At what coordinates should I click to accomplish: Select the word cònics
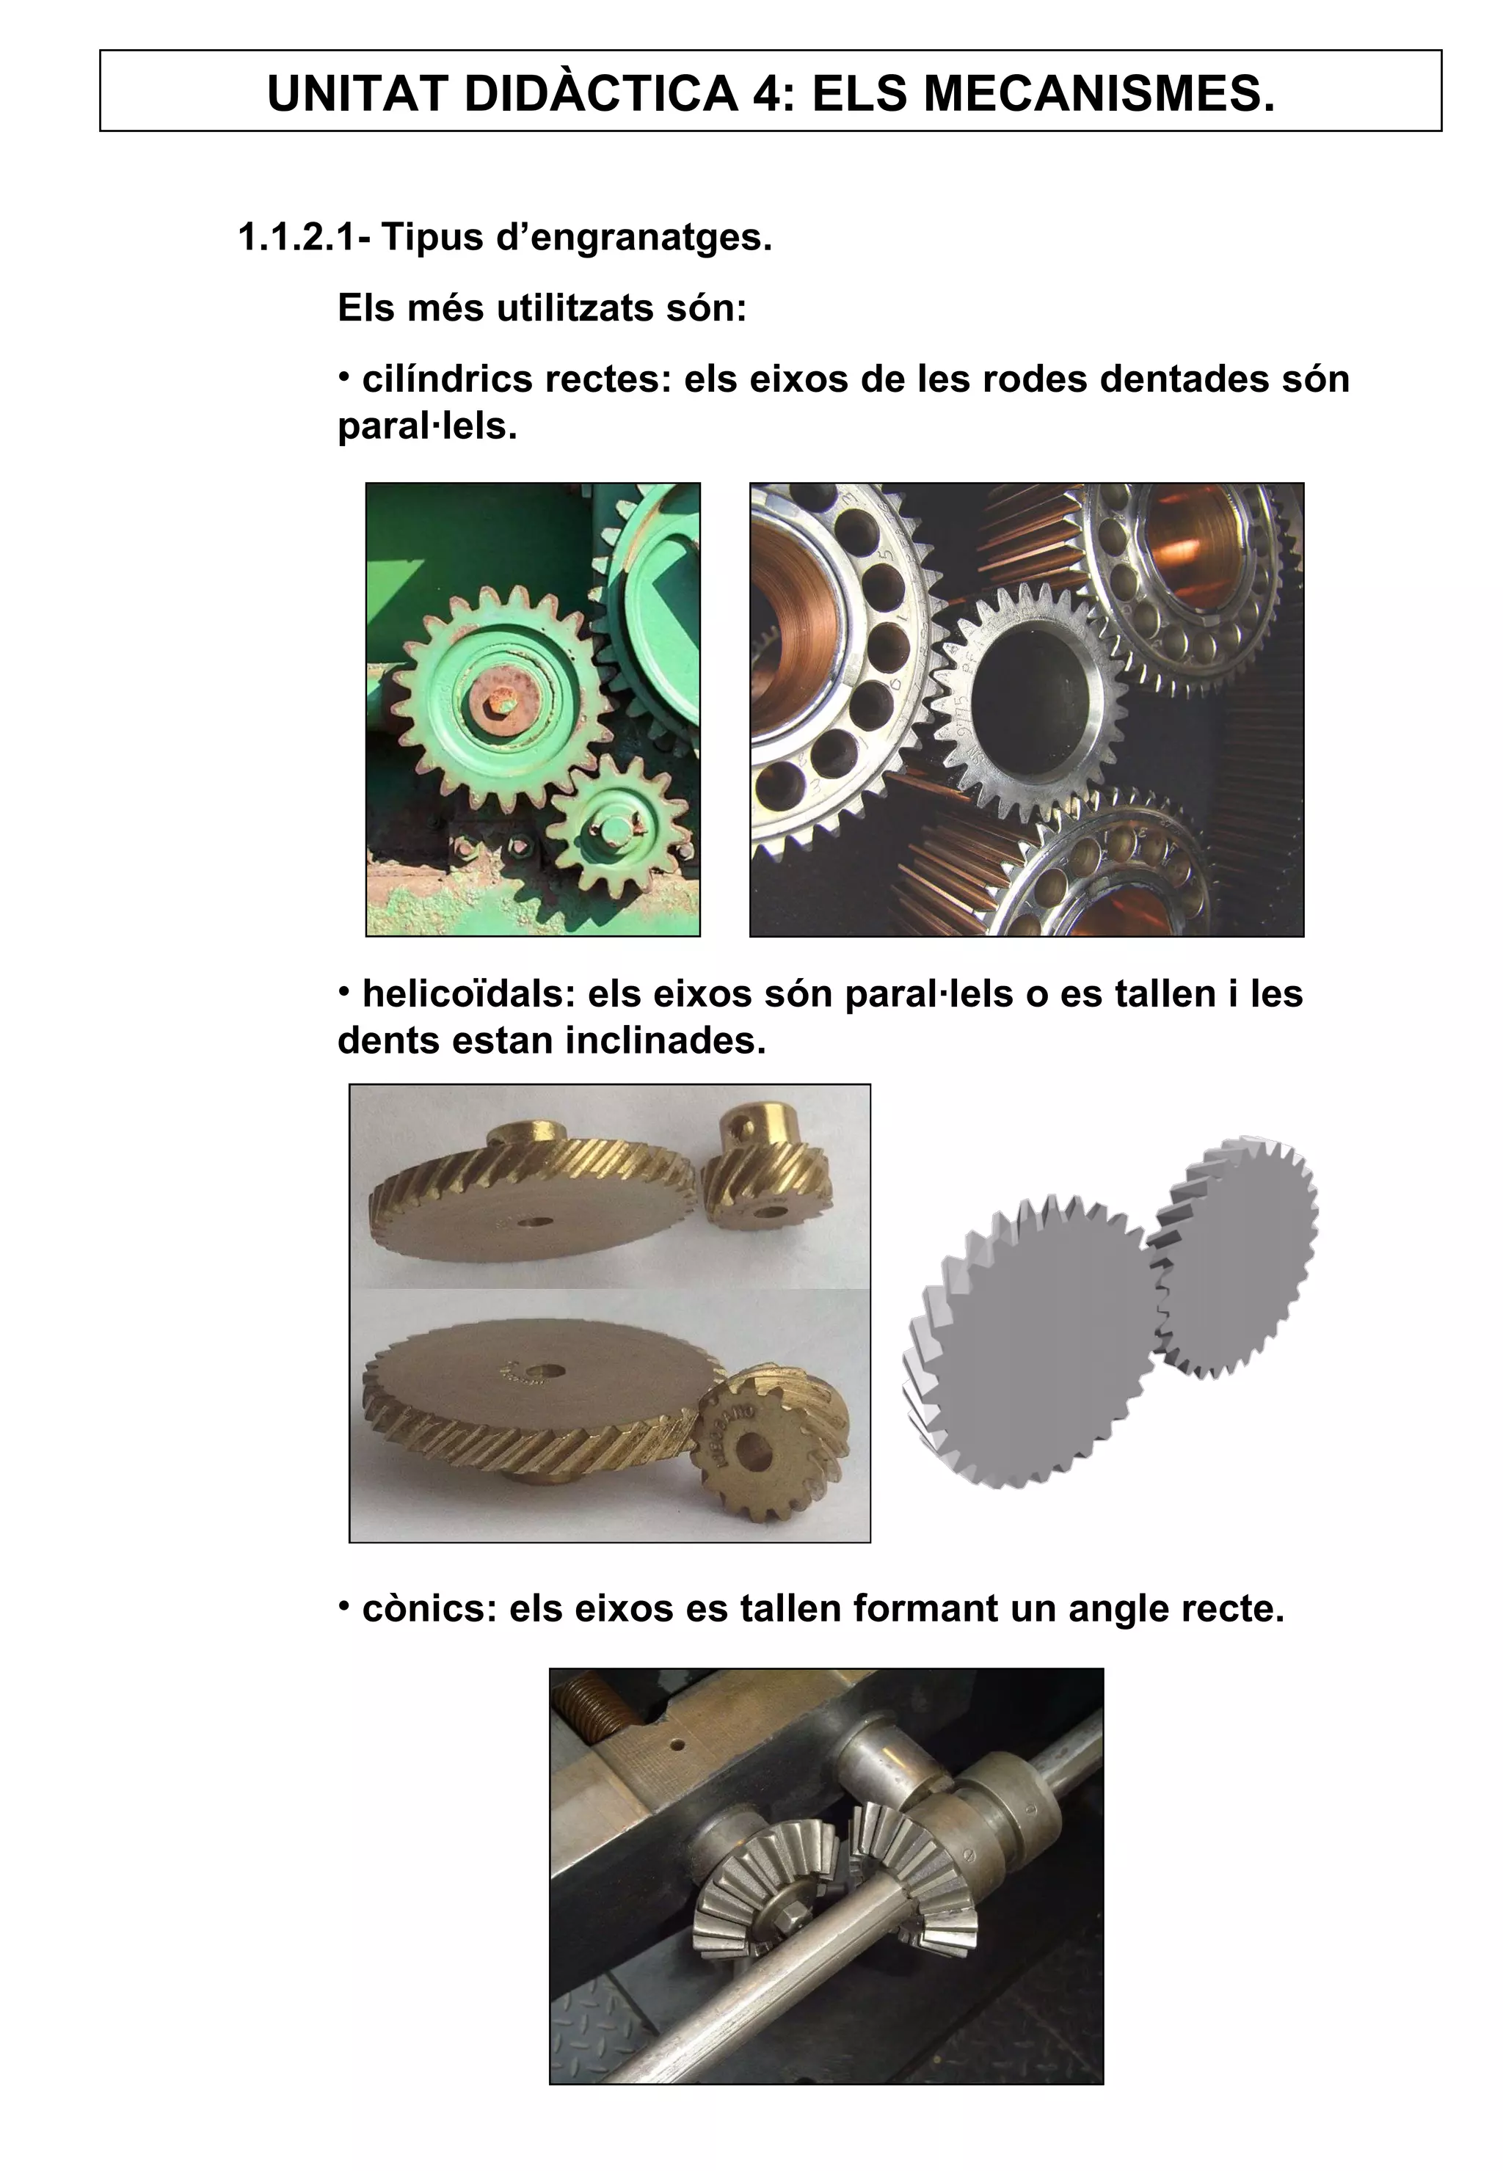point(429,1608)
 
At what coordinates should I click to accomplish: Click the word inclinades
point(665,1040)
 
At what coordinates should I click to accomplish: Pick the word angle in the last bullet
point(1117,1608)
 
